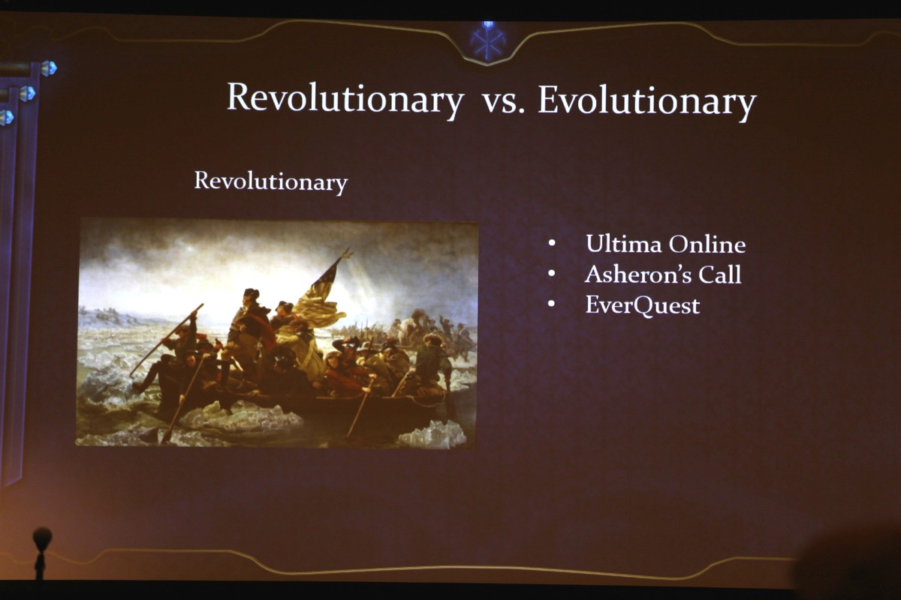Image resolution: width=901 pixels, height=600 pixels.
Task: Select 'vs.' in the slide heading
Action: pyautogui.click(x=503, y=103)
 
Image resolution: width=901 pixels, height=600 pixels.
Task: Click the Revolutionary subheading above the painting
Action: pyautogui.click(x=271, y=181)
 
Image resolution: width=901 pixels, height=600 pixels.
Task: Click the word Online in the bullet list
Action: pyautogui.click(x=707, y=244)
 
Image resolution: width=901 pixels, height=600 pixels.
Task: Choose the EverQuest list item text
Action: pyautogui.click(x=643, y=305)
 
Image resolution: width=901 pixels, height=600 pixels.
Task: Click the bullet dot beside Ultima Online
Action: pyautogui.click(x=552, y=243)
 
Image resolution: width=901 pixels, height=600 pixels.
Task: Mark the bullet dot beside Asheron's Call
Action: pyautogui.click(x=552, y=273)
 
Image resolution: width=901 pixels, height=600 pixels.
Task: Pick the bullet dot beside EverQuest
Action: pyautogui.click(x=552, y=304)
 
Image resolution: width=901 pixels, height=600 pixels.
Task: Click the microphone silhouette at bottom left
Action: pyautogui.click(x=41, y=553)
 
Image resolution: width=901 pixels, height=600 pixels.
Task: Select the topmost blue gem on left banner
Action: pyautogui.click(x=49, y=68)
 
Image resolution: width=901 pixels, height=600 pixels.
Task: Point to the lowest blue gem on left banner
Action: pyautogui.click(x=7, y=117)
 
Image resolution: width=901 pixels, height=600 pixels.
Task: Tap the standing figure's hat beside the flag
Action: pyautogui.click(x=251, y=293)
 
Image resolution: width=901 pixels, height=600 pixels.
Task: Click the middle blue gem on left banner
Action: pyautogui.click(x=27, y=93)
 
